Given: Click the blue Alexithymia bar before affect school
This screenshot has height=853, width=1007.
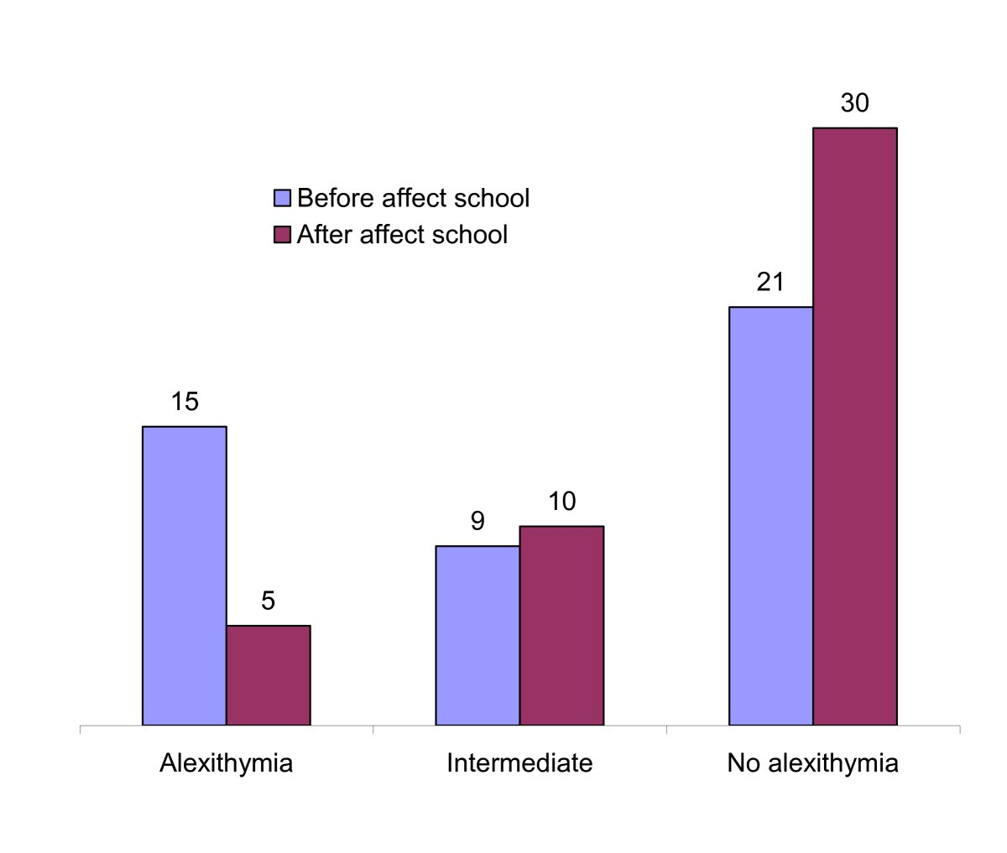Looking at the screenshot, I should point(185,575).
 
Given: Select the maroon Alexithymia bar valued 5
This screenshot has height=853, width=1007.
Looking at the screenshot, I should point(269,674).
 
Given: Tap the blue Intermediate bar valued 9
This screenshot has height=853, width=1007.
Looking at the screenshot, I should point(477,635).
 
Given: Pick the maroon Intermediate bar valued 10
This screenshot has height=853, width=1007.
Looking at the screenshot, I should point(561,625).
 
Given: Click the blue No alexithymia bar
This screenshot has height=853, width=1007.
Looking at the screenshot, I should point(770,515).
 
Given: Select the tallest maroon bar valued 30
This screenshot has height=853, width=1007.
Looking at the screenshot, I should point(854,426).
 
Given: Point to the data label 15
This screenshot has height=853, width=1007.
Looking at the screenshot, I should point(185,402).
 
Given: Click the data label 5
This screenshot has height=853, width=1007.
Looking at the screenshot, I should point(269,601).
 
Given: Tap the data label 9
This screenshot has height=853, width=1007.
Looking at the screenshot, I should point(477,521).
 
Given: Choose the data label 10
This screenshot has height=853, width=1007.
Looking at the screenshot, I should point(561,502).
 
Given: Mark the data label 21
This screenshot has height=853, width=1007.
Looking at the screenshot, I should point(770,282).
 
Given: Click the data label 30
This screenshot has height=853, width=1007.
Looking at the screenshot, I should point(854,103).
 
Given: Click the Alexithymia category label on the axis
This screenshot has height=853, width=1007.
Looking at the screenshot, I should point(226,763).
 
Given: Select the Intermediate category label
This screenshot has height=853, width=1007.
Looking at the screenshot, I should point(519,763).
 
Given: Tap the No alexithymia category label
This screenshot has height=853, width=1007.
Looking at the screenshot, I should point(812,763).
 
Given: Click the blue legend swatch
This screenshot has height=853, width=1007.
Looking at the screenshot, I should point(283,199).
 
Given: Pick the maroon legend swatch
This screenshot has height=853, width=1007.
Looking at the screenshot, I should point(283,234).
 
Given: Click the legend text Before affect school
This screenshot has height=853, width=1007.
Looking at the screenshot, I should point(413,198).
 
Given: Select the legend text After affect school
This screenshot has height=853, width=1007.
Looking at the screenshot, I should point(402,234).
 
